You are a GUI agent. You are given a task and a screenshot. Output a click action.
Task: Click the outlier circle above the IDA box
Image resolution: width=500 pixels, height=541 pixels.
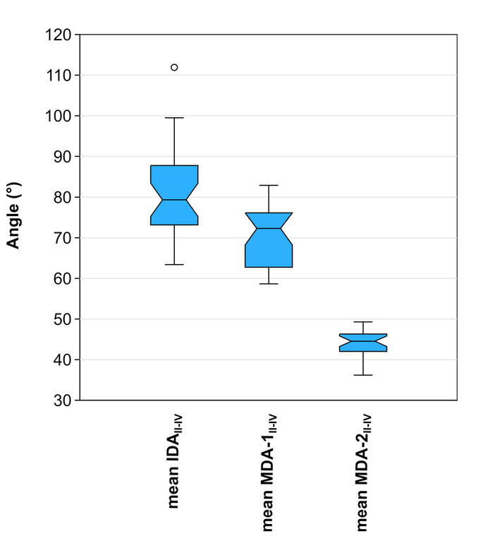point(174,67)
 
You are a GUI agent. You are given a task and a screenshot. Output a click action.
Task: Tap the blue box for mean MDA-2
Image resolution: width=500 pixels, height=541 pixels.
point(363,343)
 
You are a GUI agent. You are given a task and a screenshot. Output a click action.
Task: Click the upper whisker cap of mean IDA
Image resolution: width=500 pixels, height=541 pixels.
point(174,117)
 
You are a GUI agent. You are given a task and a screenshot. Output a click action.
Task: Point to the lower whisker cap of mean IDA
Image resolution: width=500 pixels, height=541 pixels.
point(174,264)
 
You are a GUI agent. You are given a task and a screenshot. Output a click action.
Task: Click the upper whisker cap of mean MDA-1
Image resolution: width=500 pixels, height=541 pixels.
point(269,185)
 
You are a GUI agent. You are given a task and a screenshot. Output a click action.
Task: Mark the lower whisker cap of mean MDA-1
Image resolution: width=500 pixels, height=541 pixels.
point(269,284)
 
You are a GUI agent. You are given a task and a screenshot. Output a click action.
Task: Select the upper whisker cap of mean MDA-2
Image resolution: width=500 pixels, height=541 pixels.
point(363,322)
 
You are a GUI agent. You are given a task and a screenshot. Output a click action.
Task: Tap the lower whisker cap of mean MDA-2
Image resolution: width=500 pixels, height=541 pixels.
point(363,375)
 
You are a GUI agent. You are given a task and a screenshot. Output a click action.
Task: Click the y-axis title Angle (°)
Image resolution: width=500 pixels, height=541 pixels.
point(13,216)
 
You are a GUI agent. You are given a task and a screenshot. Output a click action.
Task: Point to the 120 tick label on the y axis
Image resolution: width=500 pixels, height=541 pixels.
point(58,34)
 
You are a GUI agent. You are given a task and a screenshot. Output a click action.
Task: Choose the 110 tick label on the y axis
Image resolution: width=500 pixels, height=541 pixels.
point(58,75)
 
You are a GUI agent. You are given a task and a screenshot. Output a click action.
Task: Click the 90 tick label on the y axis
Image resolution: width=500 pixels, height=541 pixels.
point(61,156)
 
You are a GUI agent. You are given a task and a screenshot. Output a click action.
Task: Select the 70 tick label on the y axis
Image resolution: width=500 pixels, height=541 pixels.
point(61,238)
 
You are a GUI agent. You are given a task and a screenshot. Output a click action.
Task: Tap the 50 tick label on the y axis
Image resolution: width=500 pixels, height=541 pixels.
point(61,319)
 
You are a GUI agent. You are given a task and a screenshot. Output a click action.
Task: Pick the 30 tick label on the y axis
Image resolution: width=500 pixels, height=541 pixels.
point(61,400)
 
